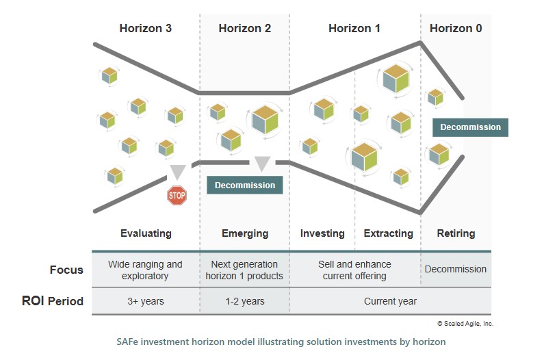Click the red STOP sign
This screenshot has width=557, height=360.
pyautogui.click(x=177, y=195)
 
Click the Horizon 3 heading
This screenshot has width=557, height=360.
pyautogui.click(x=145, y=29)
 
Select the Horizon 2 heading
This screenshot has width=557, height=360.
pyautogui.click(x=245, y=29)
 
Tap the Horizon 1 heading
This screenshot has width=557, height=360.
pyautogui.click(x=354, y=29)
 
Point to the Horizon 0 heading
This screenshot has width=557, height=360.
pyautogui.click(x=456, y=29)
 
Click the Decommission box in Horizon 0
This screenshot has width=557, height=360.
pyautogui.click(x=470, y=127)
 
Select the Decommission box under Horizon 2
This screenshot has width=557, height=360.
pyautogui.click(x=245, y=185)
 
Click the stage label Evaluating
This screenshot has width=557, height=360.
pyautogui.click(x=146, y=233)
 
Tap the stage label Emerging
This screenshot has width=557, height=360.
pyautogui.click(x=245, y=233)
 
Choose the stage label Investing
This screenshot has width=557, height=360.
pyautogui.click(x=322, y=233)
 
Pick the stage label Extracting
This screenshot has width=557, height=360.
pyautogui.click(x=388, y=233)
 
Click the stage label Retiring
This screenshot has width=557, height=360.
pyautogui.click(x=456, y=233)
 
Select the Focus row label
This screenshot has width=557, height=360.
pyautogui.click(x=66, y=270)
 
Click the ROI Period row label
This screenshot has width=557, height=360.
pyautogui.click(x=52, y=301)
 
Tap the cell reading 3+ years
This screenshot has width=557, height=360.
pyautogui.click(x=146, y=301)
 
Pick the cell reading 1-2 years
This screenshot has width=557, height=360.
pyautogui.click(x=245, y=301)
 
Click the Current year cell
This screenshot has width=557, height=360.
pyautogui.click(x=390, y=301)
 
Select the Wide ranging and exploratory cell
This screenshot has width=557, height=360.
pyautogui.click(x=146, y=270)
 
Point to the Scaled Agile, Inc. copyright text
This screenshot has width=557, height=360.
pyautogui.click(x=465, y=324)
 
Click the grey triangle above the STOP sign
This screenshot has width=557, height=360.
pyautogui.click(x=178, y=172)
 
